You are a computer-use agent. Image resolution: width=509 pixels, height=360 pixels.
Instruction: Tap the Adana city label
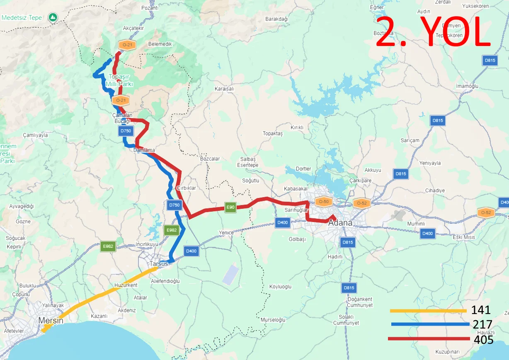(340, 223)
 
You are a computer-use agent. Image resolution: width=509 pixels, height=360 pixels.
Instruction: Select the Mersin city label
(51, 321)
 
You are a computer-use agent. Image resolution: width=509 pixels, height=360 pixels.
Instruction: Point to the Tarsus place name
(159, 264)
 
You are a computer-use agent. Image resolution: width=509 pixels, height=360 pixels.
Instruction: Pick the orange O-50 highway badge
(323, 202)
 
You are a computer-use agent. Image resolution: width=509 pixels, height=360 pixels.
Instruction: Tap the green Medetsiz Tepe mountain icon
(52, 17)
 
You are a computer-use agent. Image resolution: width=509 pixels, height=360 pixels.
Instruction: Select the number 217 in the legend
(482, 324)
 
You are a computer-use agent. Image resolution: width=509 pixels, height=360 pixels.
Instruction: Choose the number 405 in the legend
(483, 340)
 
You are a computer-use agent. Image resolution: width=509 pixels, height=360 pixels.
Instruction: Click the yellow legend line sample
(428, 311)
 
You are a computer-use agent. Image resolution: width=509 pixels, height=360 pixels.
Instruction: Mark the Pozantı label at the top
(150, 8)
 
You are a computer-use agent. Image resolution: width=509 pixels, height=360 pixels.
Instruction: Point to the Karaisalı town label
(224, 89)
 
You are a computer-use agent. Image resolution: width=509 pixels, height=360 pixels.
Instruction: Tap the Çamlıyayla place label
(35, 135)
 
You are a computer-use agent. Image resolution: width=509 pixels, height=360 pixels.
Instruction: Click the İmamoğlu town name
(467, 86)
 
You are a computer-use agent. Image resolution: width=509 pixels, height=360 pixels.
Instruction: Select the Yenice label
(226, 233)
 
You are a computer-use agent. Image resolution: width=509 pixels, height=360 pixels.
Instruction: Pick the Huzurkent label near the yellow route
(126, 285)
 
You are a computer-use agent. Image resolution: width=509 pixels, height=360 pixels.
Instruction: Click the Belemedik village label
(160, 44)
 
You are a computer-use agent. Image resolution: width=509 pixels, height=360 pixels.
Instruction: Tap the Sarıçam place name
(410, 140)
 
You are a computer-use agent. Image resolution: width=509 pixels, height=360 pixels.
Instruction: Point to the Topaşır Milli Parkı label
(119, 80)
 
